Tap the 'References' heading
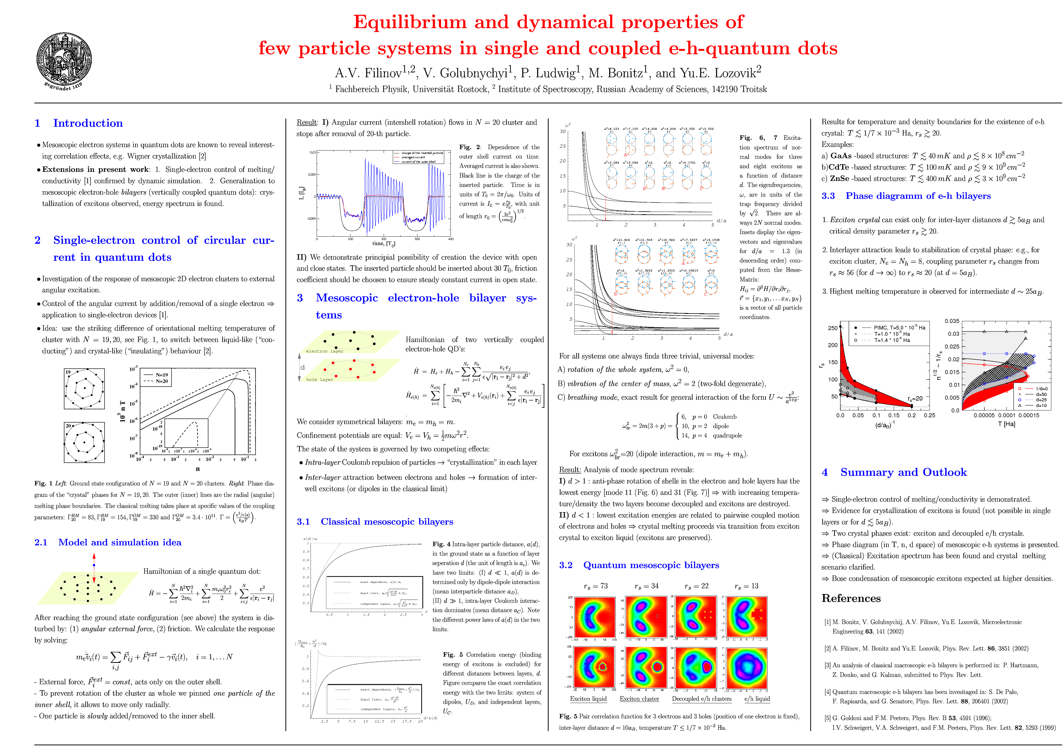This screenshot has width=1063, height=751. tap(851, 598)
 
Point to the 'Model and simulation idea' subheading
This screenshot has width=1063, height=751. tap(120, 542)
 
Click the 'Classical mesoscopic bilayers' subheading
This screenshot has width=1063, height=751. tap(387, 522)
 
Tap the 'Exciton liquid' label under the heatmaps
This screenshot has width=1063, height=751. tap(588, 699)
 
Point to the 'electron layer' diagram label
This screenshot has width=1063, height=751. tap(325, 351)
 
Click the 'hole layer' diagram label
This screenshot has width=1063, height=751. tap(319, 380)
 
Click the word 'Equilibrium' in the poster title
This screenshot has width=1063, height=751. tap(410, 22)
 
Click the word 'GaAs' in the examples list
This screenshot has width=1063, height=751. tap(841, 156)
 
